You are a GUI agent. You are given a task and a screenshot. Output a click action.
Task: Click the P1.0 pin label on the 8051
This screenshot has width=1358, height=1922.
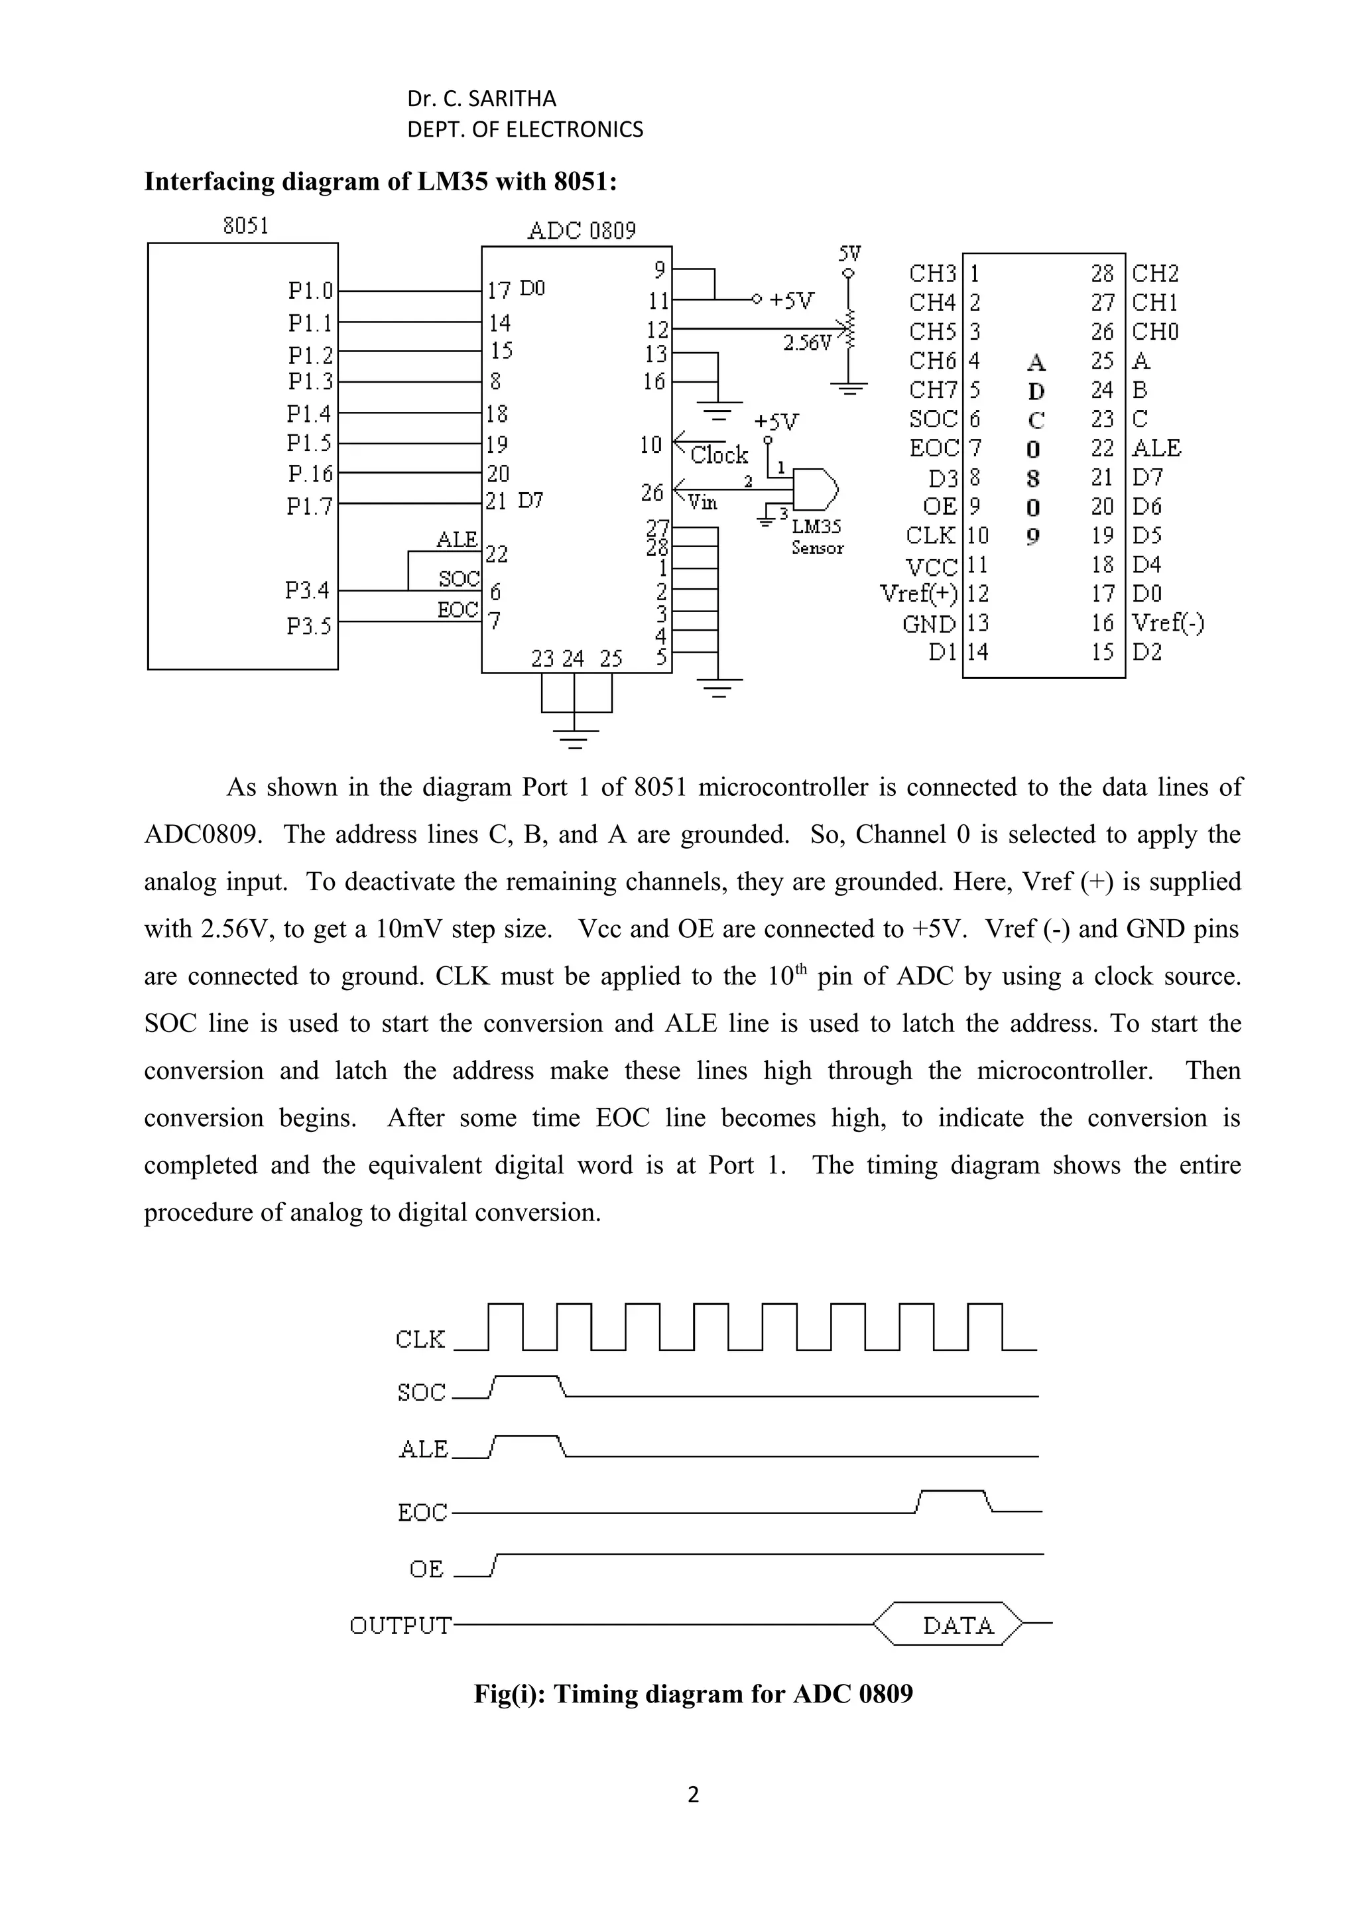(310, 290)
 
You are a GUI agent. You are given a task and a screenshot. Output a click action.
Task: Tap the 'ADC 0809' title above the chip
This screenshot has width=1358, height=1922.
(582, 231)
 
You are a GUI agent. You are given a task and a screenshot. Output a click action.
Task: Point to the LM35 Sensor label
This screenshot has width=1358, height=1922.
(818, 537)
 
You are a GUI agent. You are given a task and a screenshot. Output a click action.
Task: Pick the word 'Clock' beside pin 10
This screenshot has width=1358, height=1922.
(719, 456)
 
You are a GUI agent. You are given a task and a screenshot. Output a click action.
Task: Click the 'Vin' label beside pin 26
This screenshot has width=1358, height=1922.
(702, 501)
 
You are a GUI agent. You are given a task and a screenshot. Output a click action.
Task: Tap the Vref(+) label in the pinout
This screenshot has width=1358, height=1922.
(919, 594)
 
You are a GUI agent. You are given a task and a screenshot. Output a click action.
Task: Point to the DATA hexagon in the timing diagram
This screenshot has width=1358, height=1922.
(957, 1626)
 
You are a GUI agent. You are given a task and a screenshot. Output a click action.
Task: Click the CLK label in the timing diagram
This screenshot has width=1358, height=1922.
(420, 1340)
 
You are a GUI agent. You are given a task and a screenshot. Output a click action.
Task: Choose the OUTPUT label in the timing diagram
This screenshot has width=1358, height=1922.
(400, 1626)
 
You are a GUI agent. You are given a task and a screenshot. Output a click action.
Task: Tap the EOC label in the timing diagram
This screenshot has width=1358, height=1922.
(422, 1513)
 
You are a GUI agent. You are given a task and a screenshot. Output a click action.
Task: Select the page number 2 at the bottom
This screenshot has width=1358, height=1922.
(693, 1794)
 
